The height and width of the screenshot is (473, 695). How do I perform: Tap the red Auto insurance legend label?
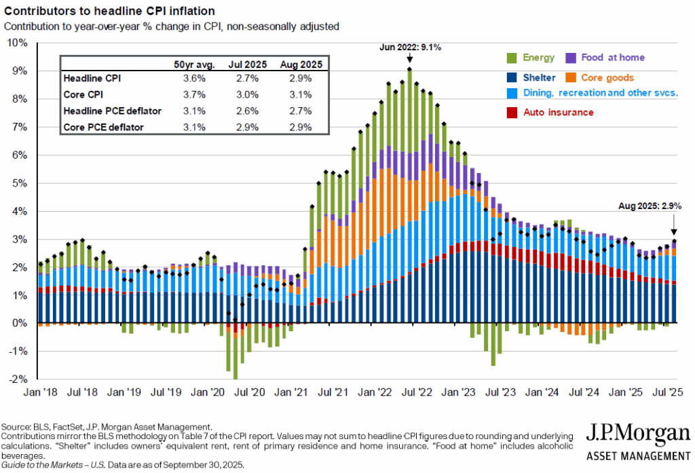559,112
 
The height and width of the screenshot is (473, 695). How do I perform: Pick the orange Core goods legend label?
607,78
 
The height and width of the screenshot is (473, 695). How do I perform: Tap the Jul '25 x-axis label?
668,392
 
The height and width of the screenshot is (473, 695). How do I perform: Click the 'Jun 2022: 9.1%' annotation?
409,48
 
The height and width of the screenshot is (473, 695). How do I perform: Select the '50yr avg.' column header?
195,64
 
